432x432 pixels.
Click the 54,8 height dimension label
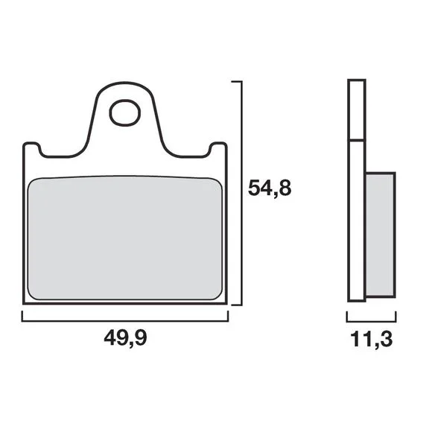pos(270,188)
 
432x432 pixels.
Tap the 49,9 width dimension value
pos(125,337)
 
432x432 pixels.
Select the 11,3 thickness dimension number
pos(372,339)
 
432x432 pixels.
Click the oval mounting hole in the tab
pos(125,113)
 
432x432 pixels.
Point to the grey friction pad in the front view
pos(125,238)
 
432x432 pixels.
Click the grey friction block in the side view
pos(381,235)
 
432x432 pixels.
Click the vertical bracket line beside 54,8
pos(241,193)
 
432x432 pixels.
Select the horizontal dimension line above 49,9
pos(125,321)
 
